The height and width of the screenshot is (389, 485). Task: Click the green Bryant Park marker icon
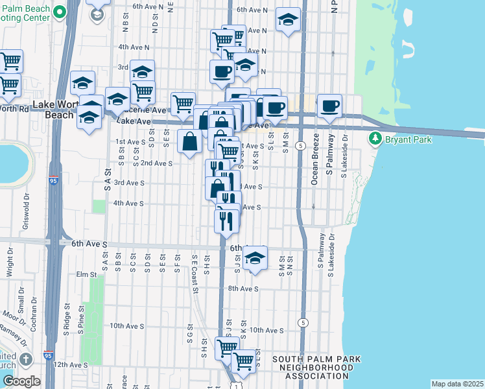[375, 139]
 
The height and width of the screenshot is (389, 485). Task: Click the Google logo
[22, 381]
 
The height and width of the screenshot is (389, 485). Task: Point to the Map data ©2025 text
[457, 384]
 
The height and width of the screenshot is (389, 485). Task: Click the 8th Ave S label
[243, 289]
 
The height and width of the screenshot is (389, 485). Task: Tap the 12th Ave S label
[70, 365]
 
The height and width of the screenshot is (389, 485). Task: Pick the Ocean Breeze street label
[315, 159]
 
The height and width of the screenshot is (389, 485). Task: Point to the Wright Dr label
[10, 266]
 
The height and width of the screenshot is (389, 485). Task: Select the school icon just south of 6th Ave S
[256, 257]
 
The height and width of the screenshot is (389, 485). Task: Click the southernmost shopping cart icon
[244, 360]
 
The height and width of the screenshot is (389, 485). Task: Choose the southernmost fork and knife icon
[227, 220]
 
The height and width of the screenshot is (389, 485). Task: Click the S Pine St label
[82, 332]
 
